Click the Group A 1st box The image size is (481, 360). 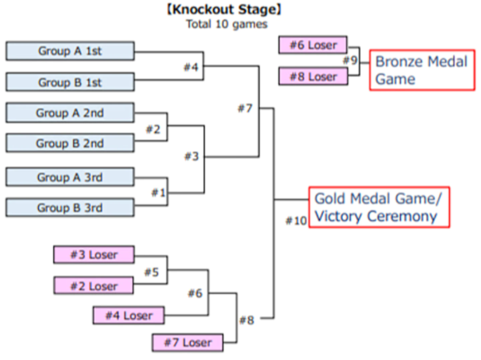70,51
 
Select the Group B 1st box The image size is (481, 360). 70,82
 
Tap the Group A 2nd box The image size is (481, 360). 70,113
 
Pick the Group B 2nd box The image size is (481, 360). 70,143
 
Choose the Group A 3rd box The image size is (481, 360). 70,177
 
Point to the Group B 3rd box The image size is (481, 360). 70,208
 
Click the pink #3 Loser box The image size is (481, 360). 93,255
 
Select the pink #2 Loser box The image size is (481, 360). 93,285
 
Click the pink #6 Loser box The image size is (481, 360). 312,45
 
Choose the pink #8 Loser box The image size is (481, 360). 312,76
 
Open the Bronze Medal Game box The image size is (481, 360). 421,70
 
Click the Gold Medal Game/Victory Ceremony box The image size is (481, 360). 380,207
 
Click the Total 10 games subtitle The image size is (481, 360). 226,24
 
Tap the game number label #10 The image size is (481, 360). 296,221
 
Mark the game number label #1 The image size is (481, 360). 159,191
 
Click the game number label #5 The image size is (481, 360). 151,271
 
